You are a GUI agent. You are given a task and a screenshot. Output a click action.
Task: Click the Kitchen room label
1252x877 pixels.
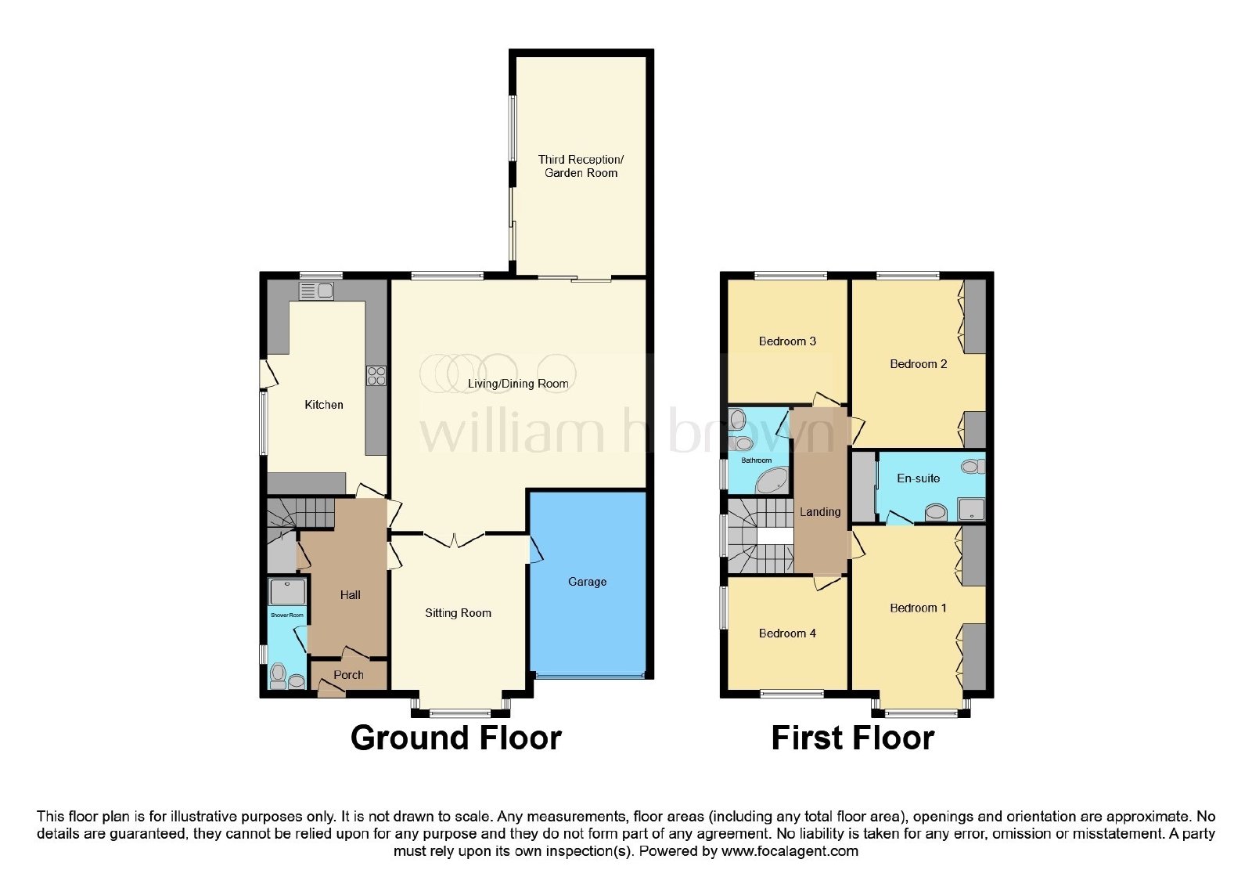[324, 404]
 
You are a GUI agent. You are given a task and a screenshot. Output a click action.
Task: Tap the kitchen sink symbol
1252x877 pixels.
[316, 291]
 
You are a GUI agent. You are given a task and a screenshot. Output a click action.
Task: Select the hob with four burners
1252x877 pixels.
[376, 375]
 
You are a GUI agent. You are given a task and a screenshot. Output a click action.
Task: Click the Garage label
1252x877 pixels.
[587, 582]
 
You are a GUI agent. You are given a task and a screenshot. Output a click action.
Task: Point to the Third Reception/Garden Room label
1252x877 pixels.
[581, 166]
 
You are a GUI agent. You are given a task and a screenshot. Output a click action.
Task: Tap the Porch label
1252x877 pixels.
[348, 674]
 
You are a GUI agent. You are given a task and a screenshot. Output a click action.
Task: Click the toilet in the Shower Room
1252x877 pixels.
[279, 677]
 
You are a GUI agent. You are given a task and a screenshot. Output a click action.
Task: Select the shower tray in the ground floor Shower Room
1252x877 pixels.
[287, 592]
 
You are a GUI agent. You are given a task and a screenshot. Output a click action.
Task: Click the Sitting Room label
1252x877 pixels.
[458, 613]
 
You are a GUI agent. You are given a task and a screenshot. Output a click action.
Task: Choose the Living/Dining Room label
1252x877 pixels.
[518, 384]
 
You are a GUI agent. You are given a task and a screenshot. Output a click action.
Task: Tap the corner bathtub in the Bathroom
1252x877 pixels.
[772, 482]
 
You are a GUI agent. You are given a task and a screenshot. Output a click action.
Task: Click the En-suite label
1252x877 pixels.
[919, 478]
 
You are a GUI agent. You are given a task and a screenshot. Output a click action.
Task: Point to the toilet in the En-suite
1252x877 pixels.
[973, 466]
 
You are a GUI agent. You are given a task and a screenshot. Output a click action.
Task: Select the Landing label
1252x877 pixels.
[820, 512]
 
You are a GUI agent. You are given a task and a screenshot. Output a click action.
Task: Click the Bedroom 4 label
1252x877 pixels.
[787, 633]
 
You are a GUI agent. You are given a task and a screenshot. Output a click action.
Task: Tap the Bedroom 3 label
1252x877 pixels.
[787, 341]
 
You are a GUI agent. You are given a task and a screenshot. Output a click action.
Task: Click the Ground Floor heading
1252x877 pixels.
[455, 738]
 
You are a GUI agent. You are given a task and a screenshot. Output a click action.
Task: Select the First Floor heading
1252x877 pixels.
[852, 738]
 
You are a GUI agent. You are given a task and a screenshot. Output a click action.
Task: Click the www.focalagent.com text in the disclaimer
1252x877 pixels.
[790, 851]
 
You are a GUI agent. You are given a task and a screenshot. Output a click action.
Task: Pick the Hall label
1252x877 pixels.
[351, 595]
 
